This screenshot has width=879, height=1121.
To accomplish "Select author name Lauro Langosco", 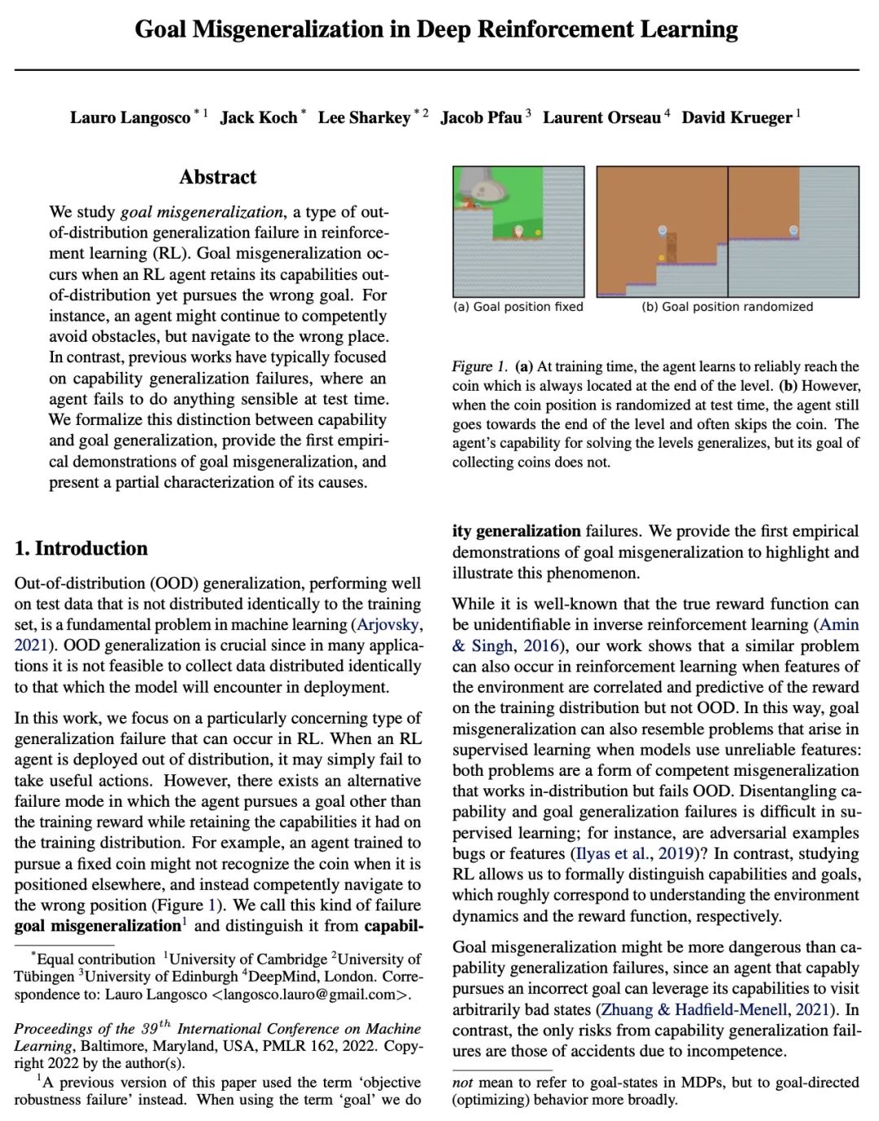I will coord(129,118).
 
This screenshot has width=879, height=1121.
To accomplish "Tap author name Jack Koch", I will coord(259,118).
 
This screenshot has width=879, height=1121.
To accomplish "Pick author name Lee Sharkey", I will coord(364,118).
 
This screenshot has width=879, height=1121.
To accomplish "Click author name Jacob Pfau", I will coord(481,118).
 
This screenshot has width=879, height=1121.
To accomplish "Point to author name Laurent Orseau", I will coord(601,118).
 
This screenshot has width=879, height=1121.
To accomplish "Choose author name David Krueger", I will coord(737,118).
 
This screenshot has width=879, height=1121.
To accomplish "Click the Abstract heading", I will coord(217,177).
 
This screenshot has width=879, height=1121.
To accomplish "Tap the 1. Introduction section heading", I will coord(81,549).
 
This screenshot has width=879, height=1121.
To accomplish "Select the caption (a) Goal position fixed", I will coord(518,307).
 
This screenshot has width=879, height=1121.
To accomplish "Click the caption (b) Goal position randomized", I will coord(727,307).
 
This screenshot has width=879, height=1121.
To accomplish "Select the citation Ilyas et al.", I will coord(614,853).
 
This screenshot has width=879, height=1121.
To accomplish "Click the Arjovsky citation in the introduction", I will coord(389,624).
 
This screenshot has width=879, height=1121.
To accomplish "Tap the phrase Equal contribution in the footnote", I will coord(96,959).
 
